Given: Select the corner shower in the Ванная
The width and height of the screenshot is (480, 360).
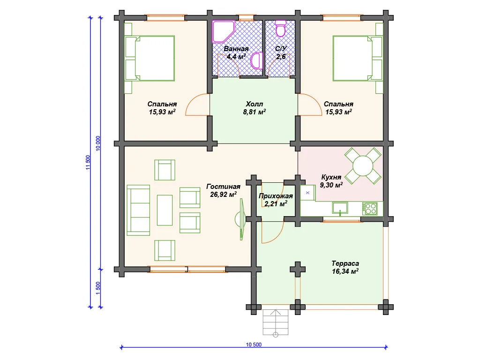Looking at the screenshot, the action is (x=223, y=31).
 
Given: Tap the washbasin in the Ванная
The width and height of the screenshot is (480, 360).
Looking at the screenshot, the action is (x=257, y=60).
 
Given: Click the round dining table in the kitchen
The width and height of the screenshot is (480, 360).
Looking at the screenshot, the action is (x=363, y=166).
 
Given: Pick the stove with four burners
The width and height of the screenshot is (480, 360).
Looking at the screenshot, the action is (x=370, y=209).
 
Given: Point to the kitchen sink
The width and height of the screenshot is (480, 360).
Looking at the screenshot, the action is (x=340, y=208).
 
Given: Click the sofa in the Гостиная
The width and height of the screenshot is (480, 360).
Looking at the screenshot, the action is (x=138, y=210).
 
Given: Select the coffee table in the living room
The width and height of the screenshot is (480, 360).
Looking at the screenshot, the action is (x=165, y=210).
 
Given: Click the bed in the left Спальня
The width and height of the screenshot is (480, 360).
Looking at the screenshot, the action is (x=150, y=58).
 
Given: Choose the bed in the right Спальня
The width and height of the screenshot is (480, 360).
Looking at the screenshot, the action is (x=358, y=58).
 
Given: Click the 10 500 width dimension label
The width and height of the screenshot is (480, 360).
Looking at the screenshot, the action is (x=254, y=345).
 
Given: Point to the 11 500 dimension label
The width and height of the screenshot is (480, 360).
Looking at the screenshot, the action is (x=88, y=163).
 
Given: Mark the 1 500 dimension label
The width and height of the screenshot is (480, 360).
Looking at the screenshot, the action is (x=98, y=288).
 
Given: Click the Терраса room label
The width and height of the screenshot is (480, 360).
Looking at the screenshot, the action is (x=345, y=263).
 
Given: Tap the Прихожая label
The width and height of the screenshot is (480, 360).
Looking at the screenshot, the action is (x=276, y=196).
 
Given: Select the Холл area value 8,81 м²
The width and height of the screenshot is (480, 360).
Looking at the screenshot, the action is (x=255, y=112).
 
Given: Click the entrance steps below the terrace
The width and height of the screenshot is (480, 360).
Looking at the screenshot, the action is (x=276, y=322).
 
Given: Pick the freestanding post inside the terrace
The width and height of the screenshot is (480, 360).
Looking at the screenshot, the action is (x=298, y=270).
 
